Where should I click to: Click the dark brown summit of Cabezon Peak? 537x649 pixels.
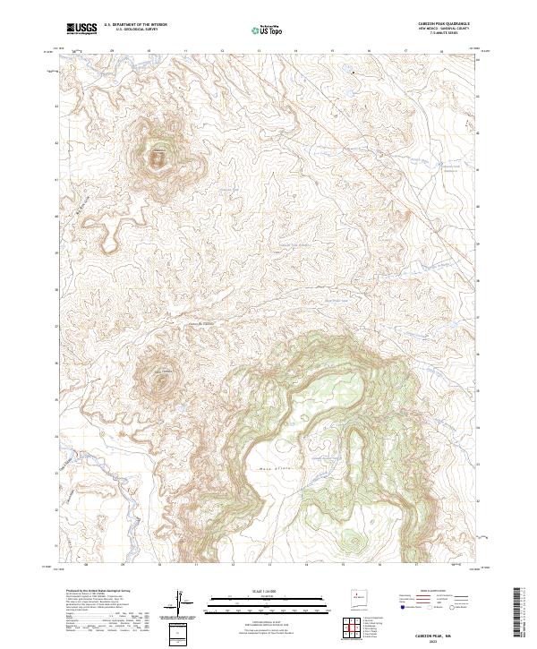(158, 159)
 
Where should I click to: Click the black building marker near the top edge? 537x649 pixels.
(353, 72)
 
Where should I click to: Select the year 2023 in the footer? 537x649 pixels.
(445, 639)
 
